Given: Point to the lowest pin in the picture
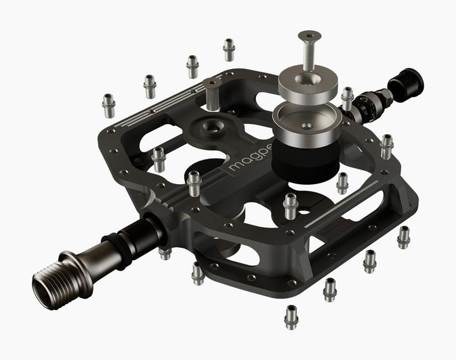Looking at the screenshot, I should click(291, 316).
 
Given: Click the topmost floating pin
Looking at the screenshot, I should click(229, 49).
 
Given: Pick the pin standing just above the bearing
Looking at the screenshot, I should click(347, 97).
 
